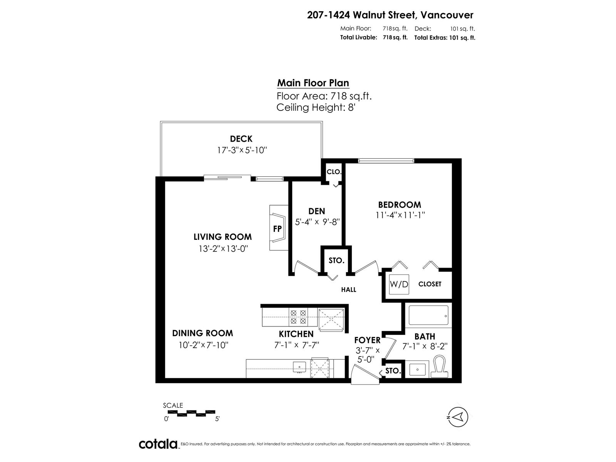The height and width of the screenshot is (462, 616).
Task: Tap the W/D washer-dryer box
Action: [399, 285]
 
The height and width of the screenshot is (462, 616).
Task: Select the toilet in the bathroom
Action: [439, 367]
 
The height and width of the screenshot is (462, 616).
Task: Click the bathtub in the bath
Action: [429, 315]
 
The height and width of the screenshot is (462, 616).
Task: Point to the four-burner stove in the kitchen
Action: [298, 317]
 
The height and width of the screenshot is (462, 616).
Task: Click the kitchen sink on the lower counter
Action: [300, 367]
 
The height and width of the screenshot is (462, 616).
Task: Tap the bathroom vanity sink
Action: [417, 370]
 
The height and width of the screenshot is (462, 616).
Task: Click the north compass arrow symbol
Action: [458, 417]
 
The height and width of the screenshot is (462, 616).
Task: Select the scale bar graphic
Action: [191, 413]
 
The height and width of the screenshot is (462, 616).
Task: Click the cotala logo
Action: [158, 444]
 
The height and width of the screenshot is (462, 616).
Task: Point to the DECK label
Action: [241, 139]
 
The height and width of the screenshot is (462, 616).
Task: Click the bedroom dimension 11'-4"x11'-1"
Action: [400, 215]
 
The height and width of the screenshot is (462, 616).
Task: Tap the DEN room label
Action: [316, 211]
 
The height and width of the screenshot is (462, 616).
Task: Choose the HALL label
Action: [348, 290]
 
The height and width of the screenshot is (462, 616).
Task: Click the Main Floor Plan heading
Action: [313, 83]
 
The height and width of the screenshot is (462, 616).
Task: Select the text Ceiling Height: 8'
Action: [316, 107]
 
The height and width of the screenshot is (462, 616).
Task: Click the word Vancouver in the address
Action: [447, 15]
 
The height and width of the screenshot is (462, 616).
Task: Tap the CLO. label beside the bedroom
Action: [334, 172]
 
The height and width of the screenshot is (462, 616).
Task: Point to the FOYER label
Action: [367, 340]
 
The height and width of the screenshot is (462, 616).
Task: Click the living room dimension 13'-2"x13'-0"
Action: [223, 249]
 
